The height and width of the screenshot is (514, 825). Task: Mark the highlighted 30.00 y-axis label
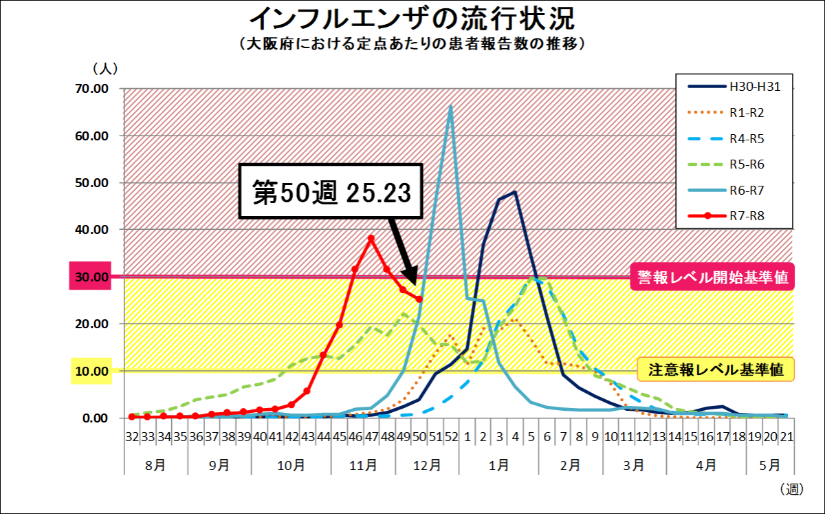(91, 277)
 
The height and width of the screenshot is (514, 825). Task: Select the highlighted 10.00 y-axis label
(91, 371)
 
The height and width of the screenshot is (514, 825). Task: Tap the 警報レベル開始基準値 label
(712, 277)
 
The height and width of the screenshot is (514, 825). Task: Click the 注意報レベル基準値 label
(716, 370)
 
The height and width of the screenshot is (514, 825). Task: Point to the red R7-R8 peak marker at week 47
(371, 239)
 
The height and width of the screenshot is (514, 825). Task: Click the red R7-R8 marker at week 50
(419, 299)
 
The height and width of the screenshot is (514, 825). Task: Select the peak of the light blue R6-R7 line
(451, 106)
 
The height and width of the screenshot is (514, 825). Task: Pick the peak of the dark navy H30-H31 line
(515, 193)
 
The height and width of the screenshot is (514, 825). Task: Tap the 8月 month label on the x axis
(155, 465)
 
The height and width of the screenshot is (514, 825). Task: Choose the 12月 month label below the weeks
(427, 465)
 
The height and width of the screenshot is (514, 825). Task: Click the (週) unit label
(791, 489)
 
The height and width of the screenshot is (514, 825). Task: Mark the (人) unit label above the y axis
(105, 68)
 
